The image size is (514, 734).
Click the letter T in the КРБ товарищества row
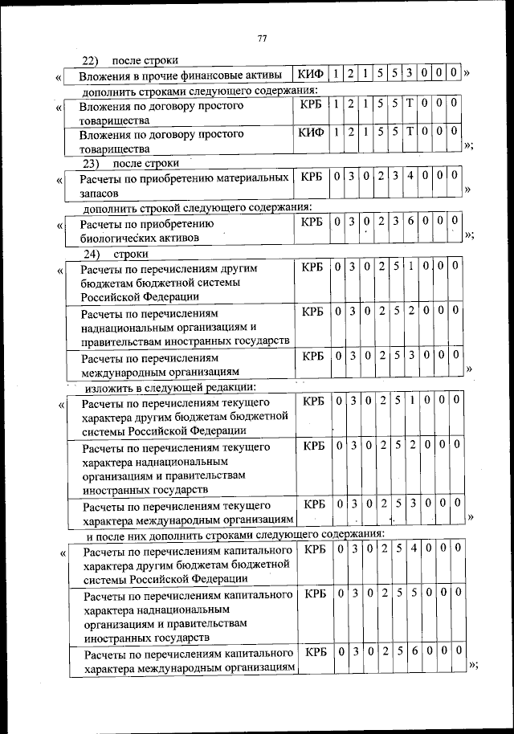click(410, 104)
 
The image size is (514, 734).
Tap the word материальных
click(249, 177)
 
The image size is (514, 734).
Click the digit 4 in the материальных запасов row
click(410, 176)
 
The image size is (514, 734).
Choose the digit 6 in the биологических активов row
click(410, 222)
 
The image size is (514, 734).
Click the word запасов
click(100, 194)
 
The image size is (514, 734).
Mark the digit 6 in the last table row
click(411, 653)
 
